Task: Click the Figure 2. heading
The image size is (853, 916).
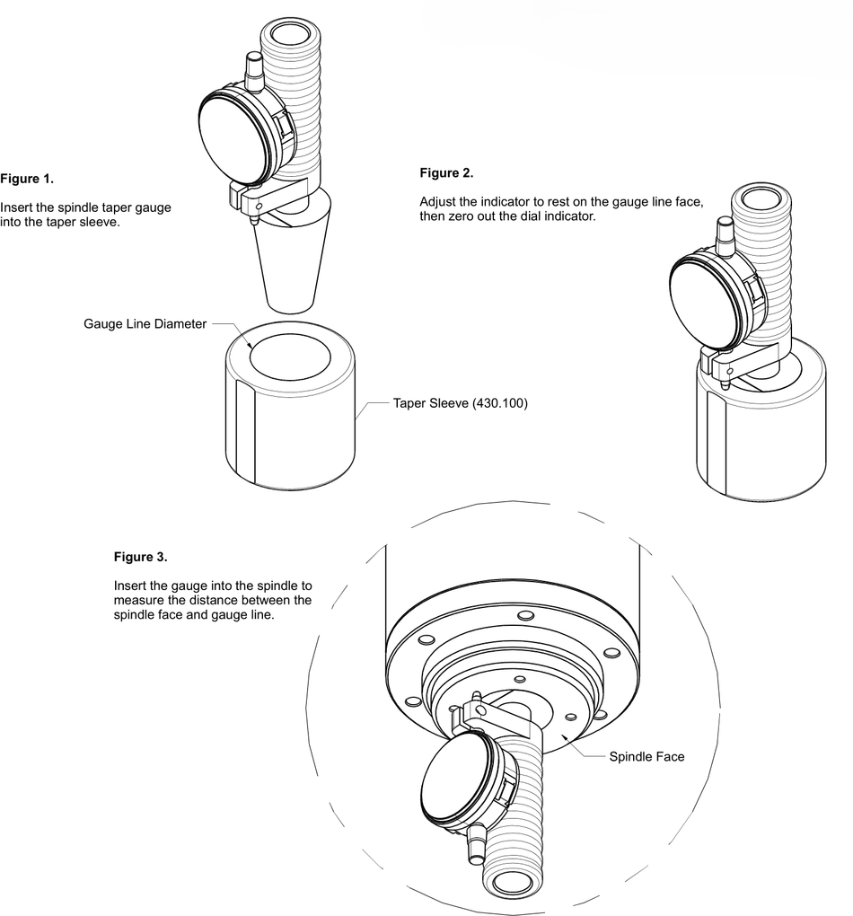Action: [446, 172]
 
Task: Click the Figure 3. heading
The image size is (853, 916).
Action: [140, 557]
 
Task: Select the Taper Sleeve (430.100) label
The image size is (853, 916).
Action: [460, 404]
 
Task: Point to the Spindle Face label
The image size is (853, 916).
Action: [646, 757]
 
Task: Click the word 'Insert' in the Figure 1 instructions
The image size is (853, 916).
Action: [15, 207]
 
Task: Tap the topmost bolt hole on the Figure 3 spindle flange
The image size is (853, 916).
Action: [522, 616]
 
